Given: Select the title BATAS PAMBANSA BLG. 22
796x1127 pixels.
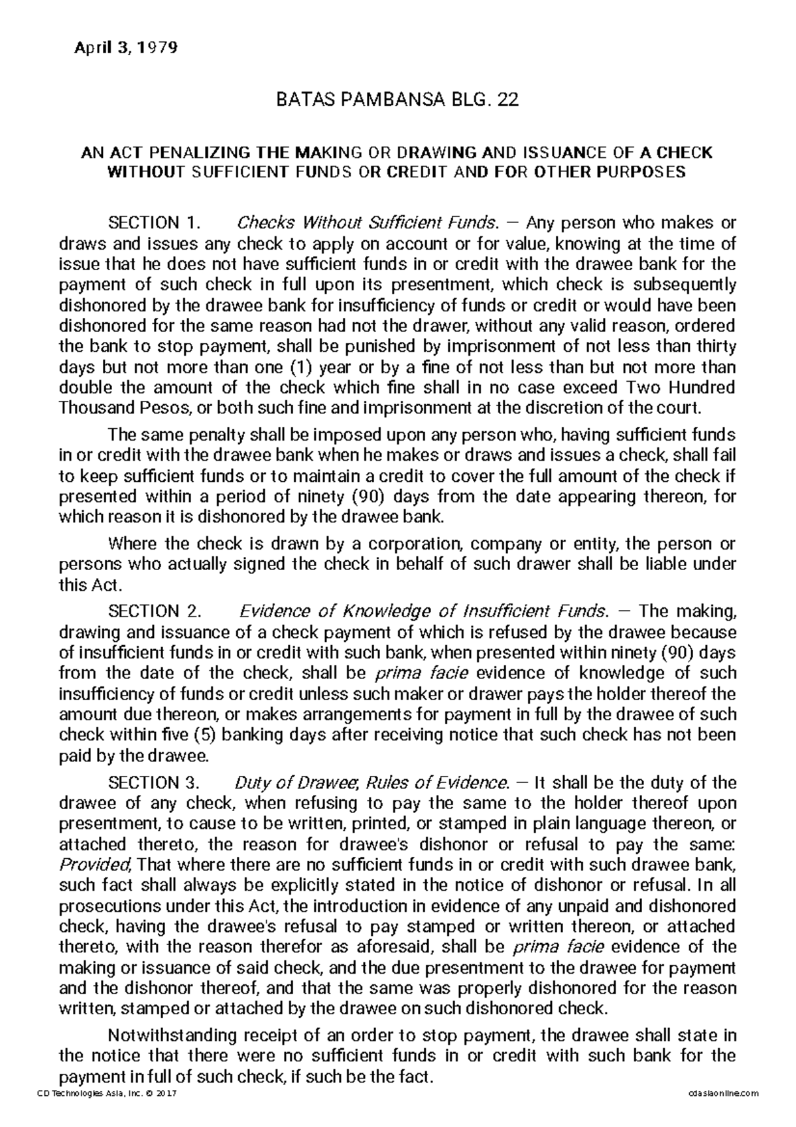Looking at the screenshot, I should (397, 100).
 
